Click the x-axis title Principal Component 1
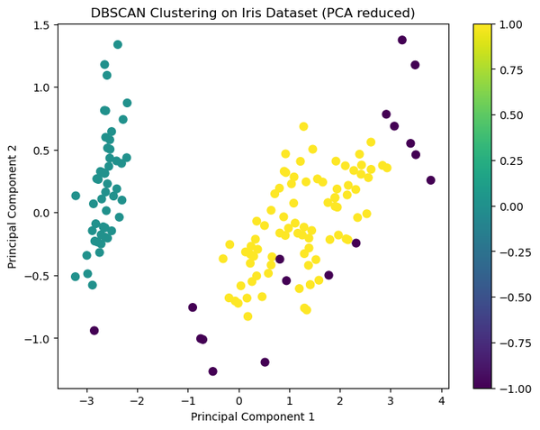[253, 416]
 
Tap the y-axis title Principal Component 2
[13, 207]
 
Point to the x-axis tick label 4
[442, 400]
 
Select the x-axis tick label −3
[85, 400]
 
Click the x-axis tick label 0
[238, 400]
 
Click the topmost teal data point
[118, 44]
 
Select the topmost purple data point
[402, 40]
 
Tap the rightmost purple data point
[431, 180]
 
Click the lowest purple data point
[212, 371]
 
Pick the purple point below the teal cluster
[94, 331]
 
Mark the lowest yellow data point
[247, 316]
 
